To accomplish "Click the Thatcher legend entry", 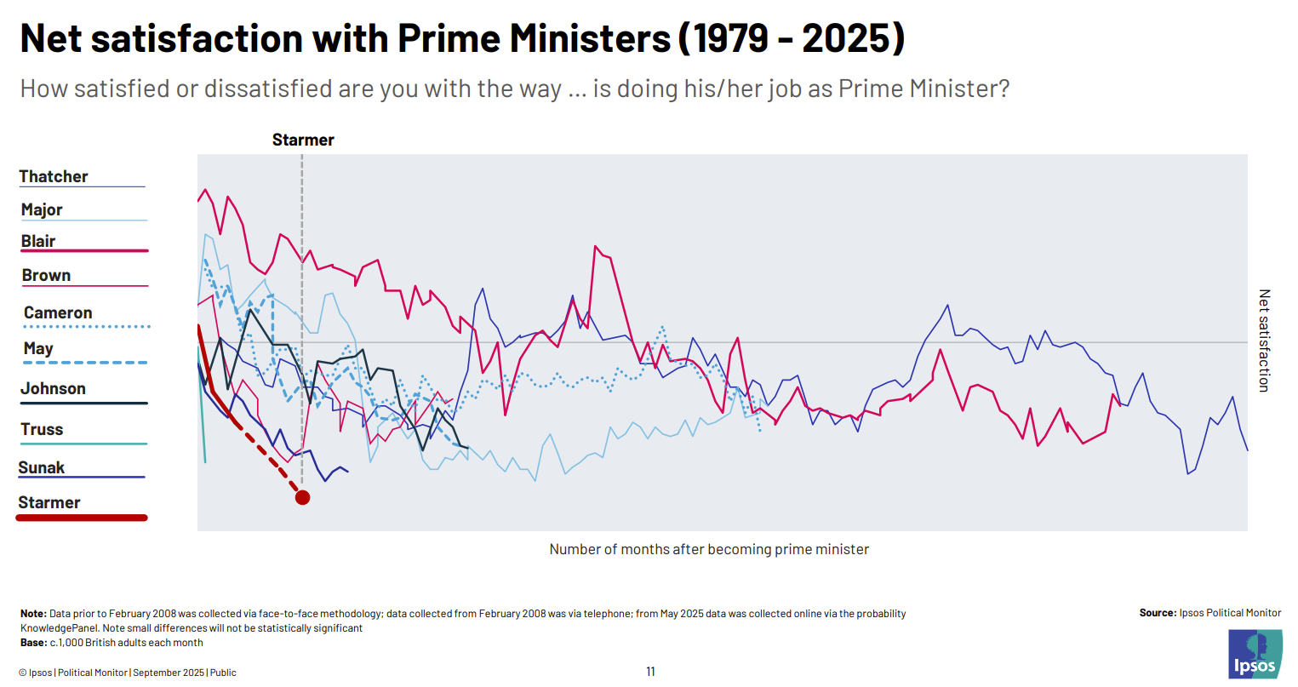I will click(54, 177).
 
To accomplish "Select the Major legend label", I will click(42, 209).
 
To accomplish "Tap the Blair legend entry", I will click(38, 241).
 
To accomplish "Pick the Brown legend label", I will click(46, 275).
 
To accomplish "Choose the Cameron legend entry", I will click(58, 312).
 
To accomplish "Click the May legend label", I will click(38, 348).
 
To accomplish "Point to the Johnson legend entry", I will click(53, 388).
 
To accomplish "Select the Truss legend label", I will click(42, 429).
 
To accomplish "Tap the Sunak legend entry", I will click(42, 467).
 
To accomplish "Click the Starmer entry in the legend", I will click(49, 502).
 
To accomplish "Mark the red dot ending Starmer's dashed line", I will click(302, 497).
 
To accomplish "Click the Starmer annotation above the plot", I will click(303, 140).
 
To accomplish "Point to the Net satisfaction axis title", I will click(1264, 341).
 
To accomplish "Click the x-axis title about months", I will click(709, 549).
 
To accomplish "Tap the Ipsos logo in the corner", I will click(1255, 655).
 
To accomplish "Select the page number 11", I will click(650, 672).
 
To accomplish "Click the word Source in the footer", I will click(1158, 613).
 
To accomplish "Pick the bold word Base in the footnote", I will click(33, 643).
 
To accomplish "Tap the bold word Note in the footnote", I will click(33, 614).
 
